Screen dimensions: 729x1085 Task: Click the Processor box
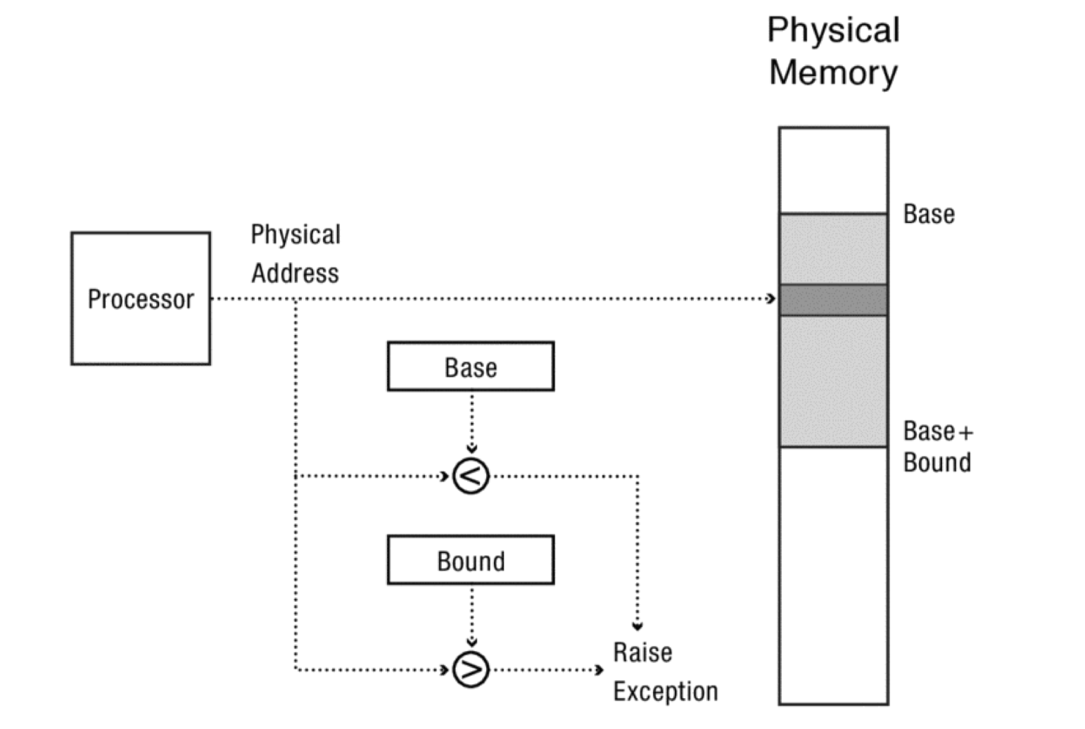point(140,298)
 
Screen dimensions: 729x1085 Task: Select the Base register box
point(470,367)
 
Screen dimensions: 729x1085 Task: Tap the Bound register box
point(470,560)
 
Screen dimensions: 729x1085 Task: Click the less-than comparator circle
point(471,476)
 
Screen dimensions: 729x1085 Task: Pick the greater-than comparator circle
point(471,669)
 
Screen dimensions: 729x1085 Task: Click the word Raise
point(642,652)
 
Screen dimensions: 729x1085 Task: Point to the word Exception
point(665,691)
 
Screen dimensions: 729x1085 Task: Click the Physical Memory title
point(833,51)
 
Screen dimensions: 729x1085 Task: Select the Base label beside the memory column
point(929,214)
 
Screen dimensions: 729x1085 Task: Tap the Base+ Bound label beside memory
point(937,446)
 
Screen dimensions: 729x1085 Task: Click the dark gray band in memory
point(833,300)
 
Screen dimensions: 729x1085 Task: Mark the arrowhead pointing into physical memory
point(771,299)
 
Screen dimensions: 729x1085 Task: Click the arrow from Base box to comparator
point(471,422)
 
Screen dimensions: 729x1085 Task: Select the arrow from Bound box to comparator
point(471,616)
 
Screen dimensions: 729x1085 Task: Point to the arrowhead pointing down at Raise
point(637,625)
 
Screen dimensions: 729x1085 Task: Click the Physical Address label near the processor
point(296,253)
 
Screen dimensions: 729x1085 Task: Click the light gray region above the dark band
point(833,249)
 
